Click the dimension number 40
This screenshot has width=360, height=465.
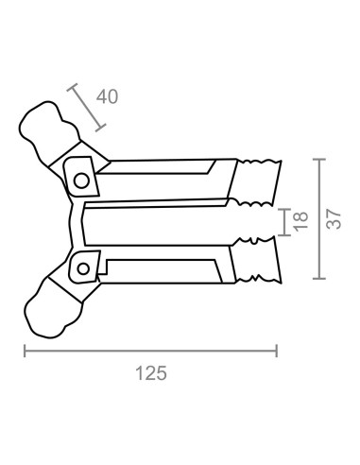107,96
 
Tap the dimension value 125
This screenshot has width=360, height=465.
151,373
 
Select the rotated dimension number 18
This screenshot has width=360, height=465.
300,221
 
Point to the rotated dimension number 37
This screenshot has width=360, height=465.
334,219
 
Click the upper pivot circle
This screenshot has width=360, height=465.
81,181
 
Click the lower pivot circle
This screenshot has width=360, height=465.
83,269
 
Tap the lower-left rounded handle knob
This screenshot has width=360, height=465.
54,309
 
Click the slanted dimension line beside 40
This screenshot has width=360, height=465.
87,107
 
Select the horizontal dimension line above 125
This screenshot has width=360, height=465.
150,351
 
